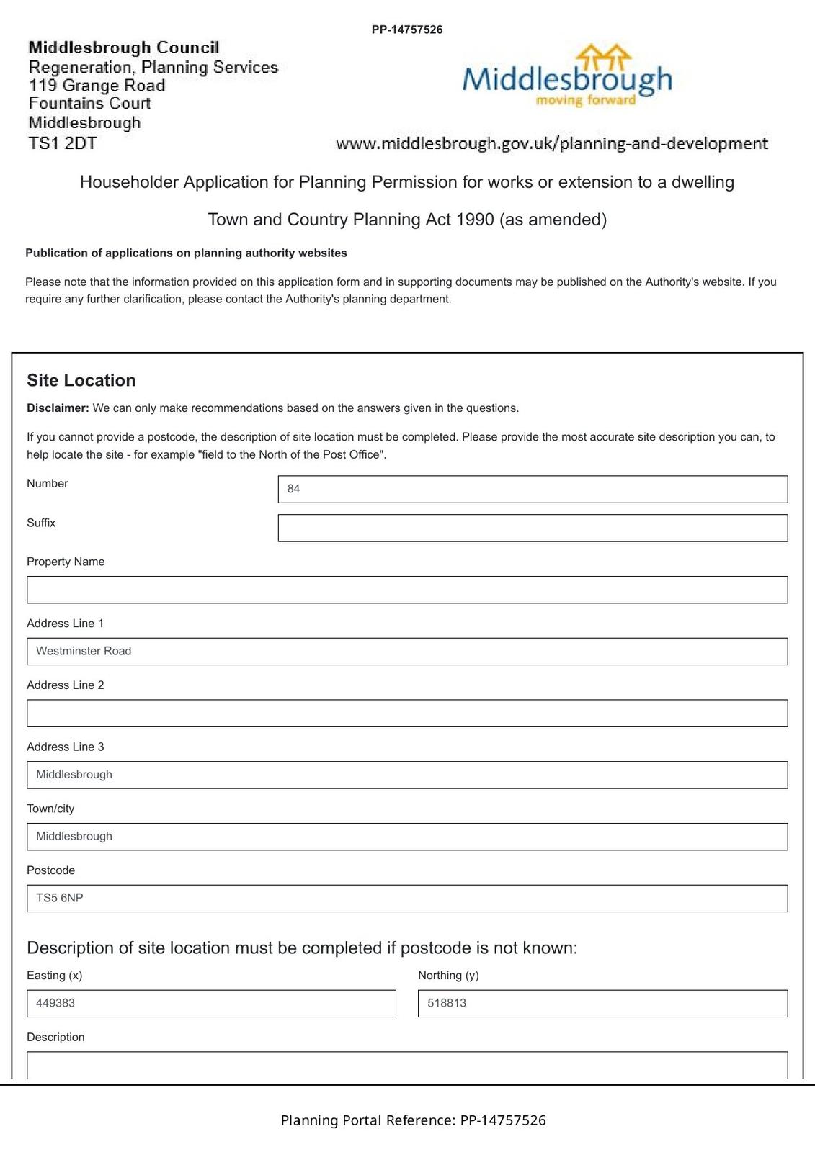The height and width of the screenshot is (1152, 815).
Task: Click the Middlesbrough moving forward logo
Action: click(566, 76)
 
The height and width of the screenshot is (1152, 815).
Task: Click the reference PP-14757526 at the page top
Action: click(407, 30)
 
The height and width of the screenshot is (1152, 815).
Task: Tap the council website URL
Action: click(551, 143)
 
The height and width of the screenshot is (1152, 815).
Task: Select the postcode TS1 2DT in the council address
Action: click(63, 143)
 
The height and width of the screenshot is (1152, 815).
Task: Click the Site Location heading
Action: click(81, 380)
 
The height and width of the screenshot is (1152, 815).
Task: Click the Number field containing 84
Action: click(533, 489)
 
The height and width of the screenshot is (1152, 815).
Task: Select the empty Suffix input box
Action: click(533, 528)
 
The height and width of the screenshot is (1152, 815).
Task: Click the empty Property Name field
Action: click(407, 590)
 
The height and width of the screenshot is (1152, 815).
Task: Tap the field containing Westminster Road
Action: click(407, 652)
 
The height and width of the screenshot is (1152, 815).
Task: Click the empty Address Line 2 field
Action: click(407, 714)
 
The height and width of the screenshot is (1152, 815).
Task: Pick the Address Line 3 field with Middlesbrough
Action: click(407, 775)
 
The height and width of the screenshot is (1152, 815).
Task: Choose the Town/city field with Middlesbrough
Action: click(407, 837)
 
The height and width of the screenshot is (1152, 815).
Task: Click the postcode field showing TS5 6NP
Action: click(407, 899)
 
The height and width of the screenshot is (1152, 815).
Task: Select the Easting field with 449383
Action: click(211, 1004)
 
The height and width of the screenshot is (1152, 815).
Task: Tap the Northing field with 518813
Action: click(602, 1004)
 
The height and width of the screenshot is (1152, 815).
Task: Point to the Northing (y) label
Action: click(448, 976)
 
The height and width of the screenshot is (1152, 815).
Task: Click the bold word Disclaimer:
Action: click(58, 408)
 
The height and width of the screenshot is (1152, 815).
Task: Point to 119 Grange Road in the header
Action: click(97, 86)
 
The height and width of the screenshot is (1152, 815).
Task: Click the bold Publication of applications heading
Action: click(186, 253)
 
